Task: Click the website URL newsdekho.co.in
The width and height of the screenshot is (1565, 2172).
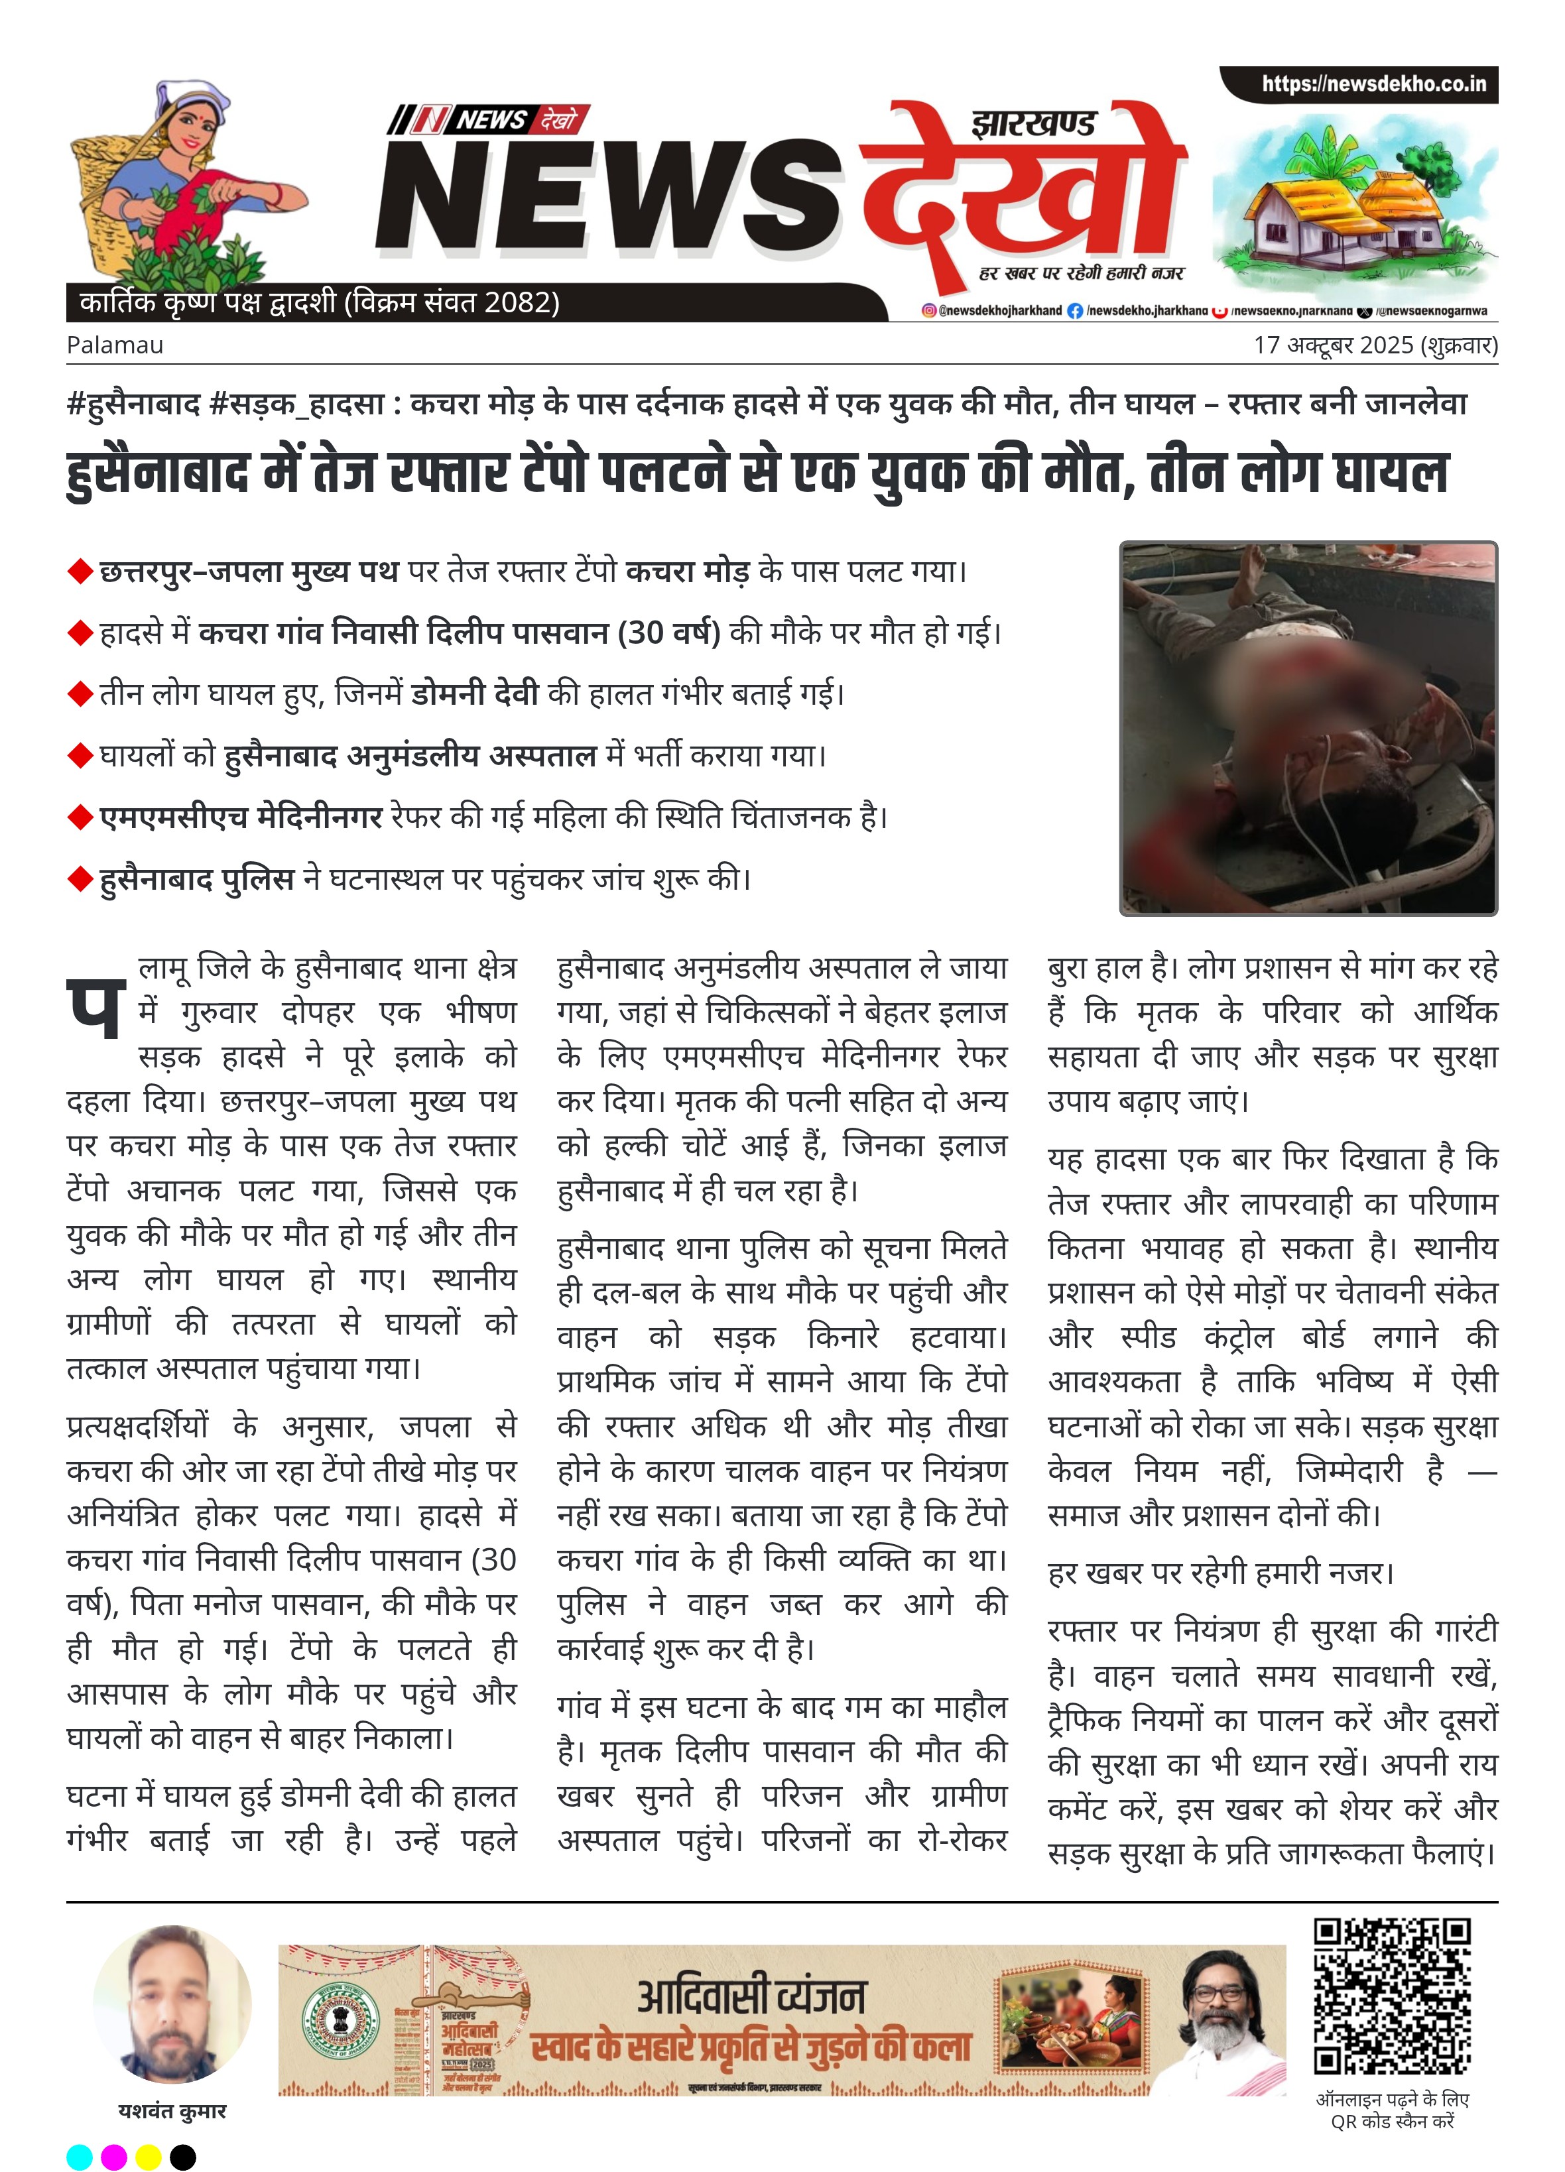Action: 1373,84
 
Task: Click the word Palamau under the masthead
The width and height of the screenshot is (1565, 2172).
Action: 115,345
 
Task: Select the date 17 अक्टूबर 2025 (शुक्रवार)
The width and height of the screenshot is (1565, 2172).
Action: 1375,345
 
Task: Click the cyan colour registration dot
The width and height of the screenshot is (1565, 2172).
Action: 80,2157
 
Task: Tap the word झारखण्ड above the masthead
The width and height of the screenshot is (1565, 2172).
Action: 1033,125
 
